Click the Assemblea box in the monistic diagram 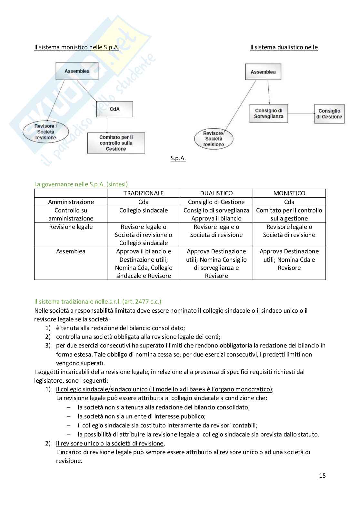point(77,71)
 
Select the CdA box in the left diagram point(115,109)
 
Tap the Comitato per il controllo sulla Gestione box point(116,143)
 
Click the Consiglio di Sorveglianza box point(269,113)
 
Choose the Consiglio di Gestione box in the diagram point(329,114)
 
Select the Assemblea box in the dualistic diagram point(263,72)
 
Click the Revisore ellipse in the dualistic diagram point(214,139)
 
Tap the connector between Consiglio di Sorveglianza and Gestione point(301,113)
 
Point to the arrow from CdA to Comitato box point(107,125)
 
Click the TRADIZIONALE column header point(144,193)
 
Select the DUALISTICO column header point(216,193)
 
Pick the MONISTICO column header point(289,193)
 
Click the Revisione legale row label point(71,227)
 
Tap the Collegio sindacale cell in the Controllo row point(144,210)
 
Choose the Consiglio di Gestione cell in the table point(216,202)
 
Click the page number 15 point(322,476)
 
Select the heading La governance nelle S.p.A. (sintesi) point(81,184)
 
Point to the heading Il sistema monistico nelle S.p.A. point(77,47)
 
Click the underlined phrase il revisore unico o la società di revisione point(110,444)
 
